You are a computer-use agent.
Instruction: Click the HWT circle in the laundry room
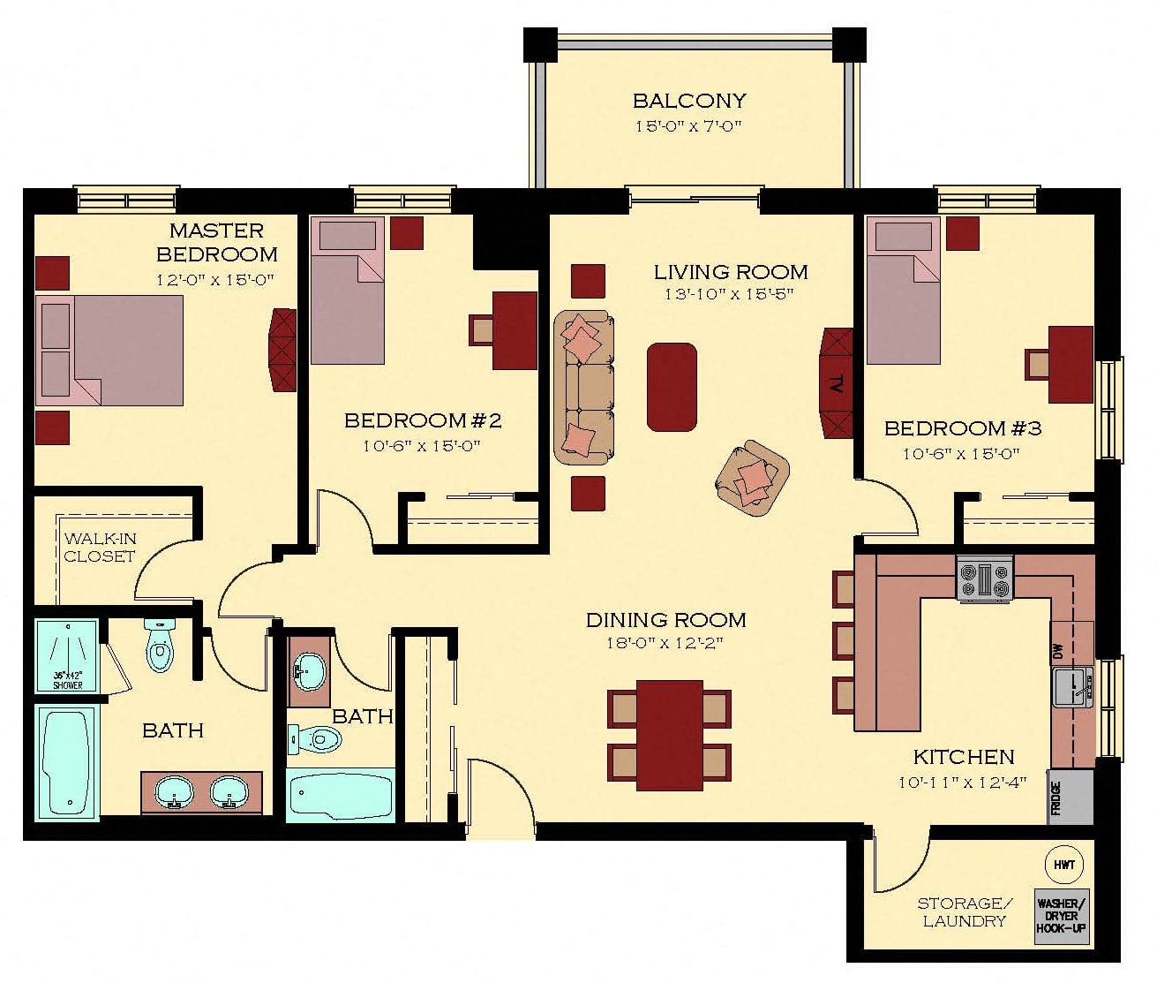tap(1063, 865)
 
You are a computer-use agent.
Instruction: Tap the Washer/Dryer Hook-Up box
tap(1062, 917)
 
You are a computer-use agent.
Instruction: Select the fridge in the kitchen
tap(1070, 796)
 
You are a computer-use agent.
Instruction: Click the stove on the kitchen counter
tap(984, 578)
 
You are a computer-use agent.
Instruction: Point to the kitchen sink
tap(1072, 687)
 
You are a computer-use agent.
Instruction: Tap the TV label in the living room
tap(837, 384)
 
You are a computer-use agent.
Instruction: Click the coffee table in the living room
tap(672, 387)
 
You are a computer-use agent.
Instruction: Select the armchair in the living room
tap(753, 478)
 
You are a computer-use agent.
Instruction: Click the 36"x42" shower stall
tap(67, 655)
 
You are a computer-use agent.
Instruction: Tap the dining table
tap(670, 735)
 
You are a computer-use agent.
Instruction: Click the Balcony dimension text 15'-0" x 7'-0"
tap(687, 126)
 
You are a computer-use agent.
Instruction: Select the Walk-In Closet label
tap(99, 548)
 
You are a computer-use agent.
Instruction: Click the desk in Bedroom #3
tap(1071, 364)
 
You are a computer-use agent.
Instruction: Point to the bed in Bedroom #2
tap(348, 291)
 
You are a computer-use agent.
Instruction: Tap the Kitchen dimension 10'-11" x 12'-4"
tap(963, 782)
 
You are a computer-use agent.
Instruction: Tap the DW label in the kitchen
tap(1057, 651)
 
